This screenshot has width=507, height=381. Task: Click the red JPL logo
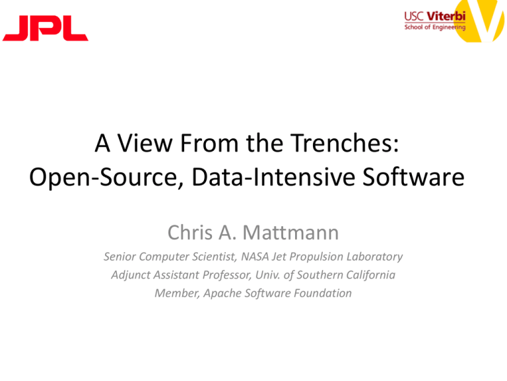[46, 28]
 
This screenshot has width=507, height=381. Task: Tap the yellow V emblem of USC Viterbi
[480, 19]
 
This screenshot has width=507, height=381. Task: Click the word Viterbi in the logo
[446, 16]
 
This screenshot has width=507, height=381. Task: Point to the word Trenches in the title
[345, 143]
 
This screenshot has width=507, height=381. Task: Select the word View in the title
[144, 143]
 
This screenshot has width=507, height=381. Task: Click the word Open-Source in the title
[106, 177]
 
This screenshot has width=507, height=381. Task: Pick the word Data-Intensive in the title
[273, 177]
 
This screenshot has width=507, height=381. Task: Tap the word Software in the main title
[413, 177]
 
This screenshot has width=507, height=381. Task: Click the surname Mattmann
[290, 232]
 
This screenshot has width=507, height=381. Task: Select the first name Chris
[190, 232]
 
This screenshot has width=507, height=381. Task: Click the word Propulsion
[316, 257]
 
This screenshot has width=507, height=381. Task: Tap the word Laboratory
[375, 257]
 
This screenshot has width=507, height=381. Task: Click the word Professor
[226, 275]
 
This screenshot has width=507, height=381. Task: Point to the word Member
[177, 294]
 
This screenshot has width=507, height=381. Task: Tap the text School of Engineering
[435, 27]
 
